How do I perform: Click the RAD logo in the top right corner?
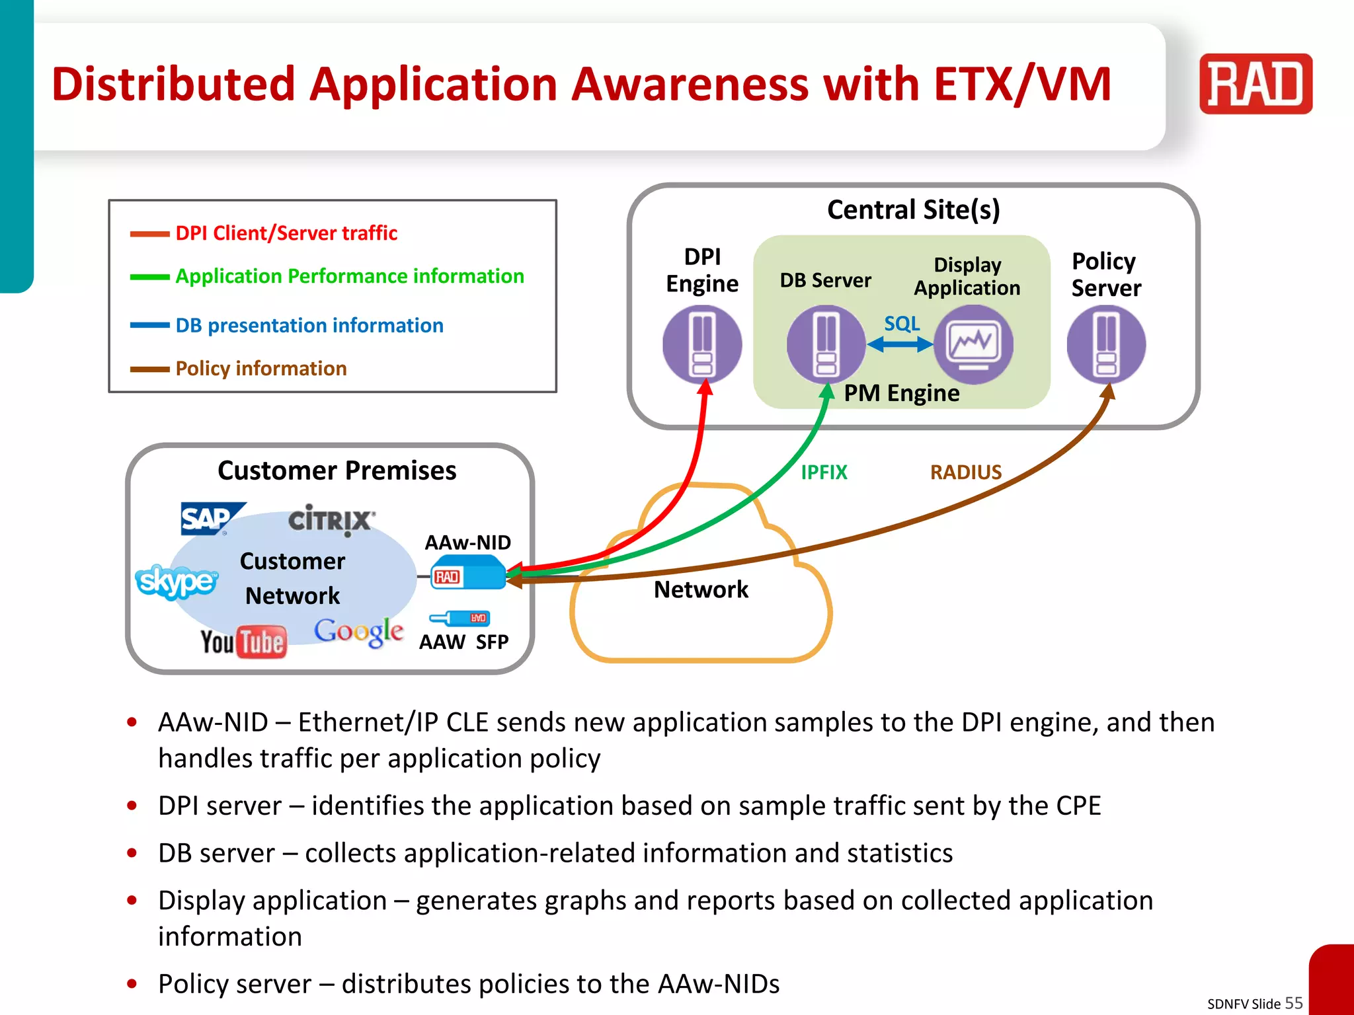1255,84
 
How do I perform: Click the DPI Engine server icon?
702,344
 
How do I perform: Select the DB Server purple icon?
826,344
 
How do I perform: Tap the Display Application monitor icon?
973,344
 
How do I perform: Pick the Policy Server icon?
1106,344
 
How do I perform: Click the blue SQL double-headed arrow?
900,344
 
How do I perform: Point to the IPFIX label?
824,472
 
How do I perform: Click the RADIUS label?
965,472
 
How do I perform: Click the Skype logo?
176,581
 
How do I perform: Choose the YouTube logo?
243,642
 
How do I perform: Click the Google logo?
358,631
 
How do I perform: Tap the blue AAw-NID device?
468,573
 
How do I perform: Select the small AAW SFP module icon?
461,619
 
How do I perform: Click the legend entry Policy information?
260,368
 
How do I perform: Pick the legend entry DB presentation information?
309,325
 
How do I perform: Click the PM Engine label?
901,393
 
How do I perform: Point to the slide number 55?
1293,1002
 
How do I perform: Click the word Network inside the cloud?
701,589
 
